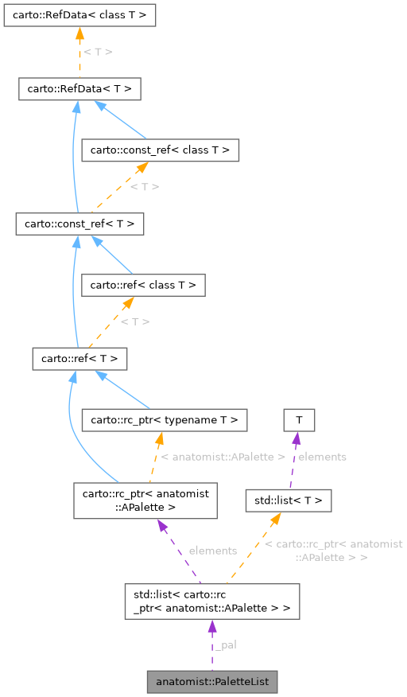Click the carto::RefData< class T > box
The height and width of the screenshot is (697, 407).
click(x=79, y=14)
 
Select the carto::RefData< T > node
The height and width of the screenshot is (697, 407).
click(x=79, y=89)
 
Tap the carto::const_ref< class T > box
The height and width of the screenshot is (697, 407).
click(x=161, y=150)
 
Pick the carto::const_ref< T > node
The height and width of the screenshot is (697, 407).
click(x=79, y=224)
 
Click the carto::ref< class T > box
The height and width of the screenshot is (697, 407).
click(x=144, y=284)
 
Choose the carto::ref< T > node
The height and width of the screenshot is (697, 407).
click(x=79, y=359)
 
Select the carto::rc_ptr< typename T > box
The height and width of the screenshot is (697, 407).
click(x=165, y=419)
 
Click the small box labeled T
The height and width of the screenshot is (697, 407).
click(x=299, y=419)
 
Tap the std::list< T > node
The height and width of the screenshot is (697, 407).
click(x=288, y=500)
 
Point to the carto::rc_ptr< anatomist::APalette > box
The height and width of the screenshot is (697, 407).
click(x=146, y=500)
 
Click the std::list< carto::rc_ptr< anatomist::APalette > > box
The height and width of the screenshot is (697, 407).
click(x=212, y=602)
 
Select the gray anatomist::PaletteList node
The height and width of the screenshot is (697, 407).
click(x=212, y=681)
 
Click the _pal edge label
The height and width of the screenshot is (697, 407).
click(x=227, y=644)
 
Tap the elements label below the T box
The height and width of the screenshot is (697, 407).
click(x=322, y=457)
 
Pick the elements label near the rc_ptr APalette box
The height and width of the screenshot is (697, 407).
click(x=213, y=551)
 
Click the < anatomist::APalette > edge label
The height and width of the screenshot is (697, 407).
click(x=223, y=457)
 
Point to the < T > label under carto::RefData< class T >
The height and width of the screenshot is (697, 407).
click(x=98, y=52)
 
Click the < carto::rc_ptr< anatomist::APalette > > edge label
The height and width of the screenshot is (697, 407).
click(x=333, y=551)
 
